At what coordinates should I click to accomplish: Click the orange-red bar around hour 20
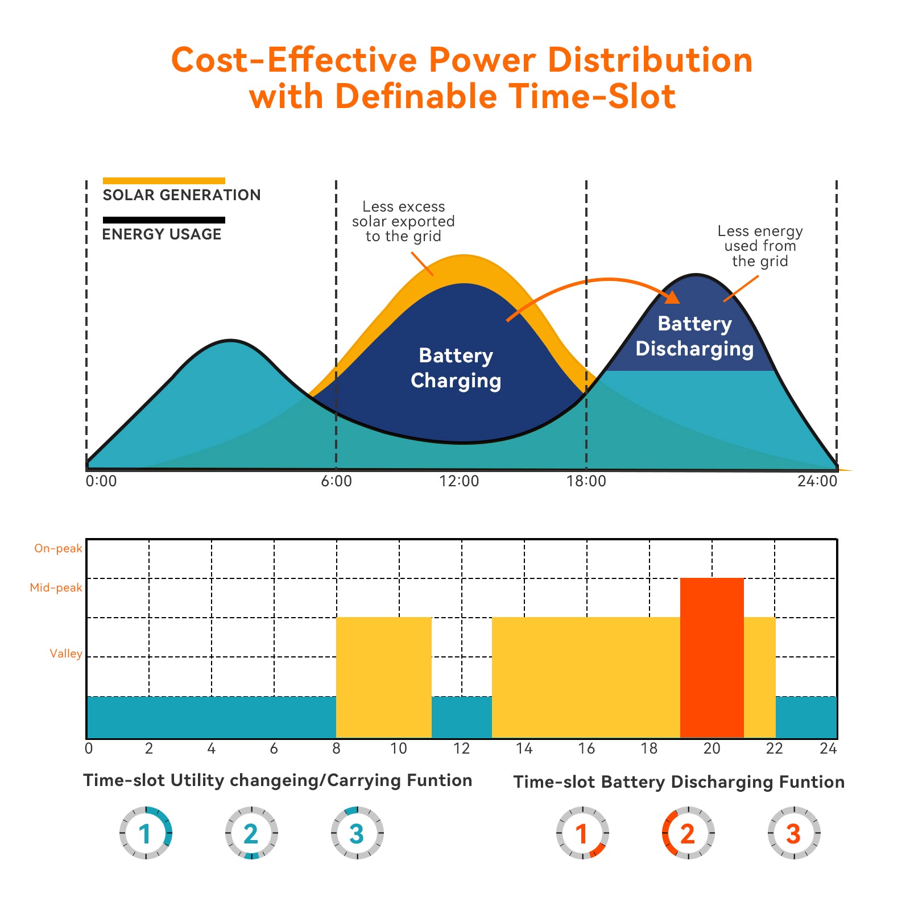[712, 657]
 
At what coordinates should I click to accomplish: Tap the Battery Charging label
[456, 368]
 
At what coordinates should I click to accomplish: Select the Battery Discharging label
[694, 336]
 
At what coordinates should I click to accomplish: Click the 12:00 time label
[459, 482]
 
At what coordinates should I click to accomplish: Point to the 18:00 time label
[586, 482]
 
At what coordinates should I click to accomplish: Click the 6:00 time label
[336, 482]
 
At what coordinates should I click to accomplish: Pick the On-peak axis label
[58, 548]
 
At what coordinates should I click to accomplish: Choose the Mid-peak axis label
[56, 588]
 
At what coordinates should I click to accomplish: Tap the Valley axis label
[65, 653]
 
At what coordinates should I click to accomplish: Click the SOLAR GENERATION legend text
[181, 195]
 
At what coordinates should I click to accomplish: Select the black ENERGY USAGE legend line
[164, 220]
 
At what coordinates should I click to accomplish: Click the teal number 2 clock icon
[251, 833]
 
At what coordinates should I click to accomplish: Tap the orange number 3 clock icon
[793, 833]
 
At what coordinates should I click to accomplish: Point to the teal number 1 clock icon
[146, 833]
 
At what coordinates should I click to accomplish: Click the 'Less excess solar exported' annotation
[403, 221]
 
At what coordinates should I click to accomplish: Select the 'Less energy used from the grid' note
[760, 246]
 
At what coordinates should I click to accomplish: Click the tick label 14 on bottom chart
[524, 748]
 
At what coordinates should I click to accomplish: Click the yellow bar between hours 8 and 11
[383, 677]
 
